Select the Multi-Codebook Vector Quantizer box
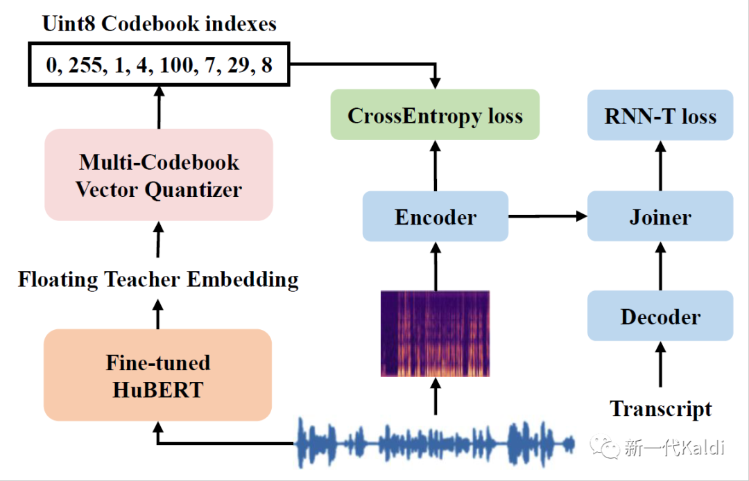point(159,175)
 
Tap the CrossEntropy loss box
point(435,115)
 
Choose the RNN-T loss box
point(660,115)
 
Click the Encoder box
point(436,217)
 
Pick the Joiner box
point(660,217)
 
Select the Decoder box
point(660,316)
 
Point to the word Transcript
point(660,409)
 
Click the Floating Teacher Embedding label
point(158,279)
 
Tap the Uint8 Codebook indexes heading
point(160,24)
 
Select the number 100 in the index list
point(178,66)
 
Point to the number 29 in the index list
point(238,66)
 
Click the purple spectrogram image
point(436,333)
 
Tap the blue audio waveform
point(436,442)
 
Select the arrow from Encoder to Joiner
point(548,217)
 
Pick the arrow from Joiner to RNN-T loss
point(660,166)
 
